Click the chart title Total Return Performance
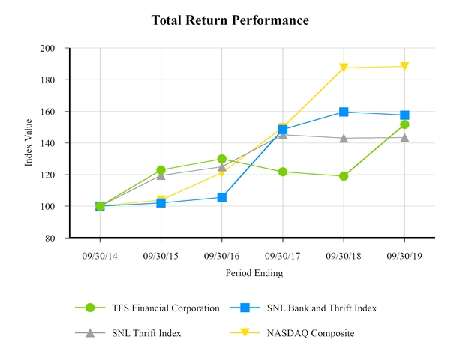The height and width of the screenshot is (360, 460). (230, 20)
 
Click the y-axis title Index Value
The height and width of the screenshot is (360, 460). (29, 142)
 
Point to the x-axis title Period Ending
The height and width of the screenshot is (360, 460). (254, 273)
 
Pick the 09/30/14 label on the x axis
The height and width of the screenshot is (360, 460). (100, 255)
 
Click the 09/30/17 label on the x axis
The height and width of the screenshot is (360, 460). (283, 255)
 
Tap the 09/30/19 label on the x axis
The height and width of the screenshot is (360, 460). (404, 255)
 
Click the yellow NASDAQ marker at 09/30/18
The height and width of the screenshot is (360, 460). (344, 68)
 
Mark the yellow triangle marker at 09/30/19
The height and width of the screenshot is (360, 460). (404, 67)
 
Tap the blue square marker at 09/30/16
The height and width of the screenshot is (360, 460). (222, 197)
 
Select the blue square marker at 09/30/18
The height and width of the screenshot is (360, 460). (344, 112)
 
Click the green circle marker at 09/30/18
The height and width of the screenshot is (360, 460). (344, 176)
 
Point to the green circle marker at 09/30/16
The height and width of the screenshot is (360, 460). (222, 159)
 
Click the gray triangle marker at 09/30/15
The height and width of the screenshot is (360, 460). (161, 175)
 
